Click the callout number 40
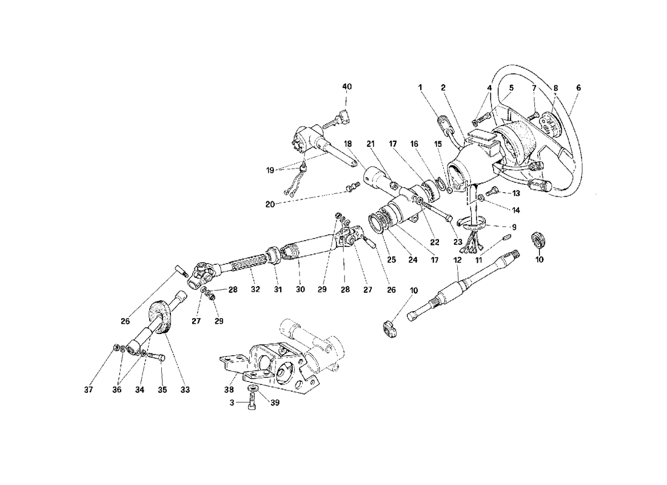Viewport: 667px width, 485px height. (x=346, y=87)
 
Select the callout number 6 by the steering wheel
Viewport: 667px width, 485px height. (x=578, y=88)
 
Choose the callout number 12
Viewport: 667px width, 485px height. (x=457, y=259)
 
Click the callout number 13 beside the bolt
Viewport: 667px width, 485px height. (x=516, y=193)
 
